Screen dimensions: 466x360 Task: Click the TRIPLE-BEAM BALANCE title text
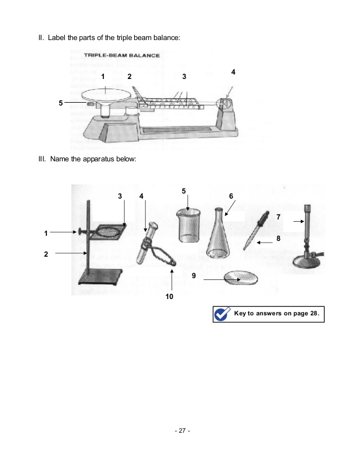coord(121,56)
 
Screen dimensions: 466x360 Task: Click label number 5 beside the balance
coord(61,103)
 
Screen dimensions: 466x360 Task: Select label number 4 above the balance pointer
coord(233,72)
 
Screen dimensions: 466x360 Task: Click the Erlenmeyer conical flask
coord(218,237)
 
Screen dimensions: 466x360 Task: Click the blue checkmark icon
coord(222,314)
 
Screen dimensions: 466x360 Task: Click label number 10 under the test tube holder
coord(169,296)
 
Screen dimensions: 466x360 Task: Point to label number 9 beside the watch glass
coord(194,276)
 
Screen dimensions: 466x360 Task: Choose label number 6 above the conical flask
coord(231,195)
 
